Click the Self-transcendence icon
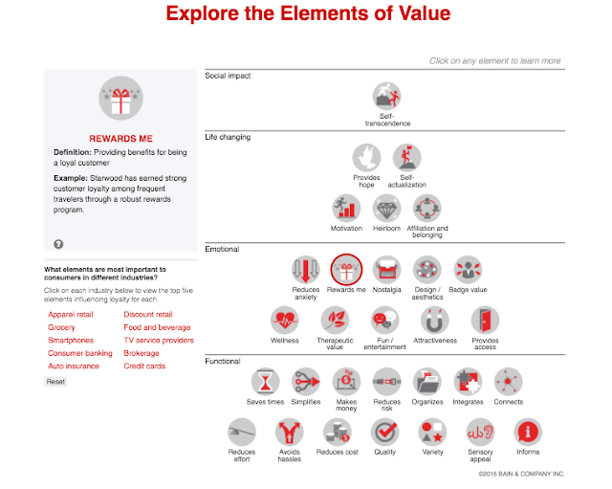[386, 97]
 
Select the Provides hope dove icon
[366, 158]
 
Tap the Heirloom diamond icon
[386, 209]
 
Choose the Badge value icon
[467, 270]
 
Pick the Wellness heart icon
[284, 321]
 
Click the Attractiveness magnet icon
[435, 321]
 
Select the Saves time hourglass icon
[265, 382]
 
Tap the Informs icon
[528, 432]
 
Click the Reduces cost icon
[337, 432]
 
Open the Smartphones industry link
[70, 340]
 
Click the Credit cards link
[143, 366]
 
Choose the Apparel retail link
[70, 314]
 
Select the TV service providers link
[158, 340]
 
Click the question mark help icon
[58, 244]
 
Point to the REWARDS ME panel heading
[120, 138]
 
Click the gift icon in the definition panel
[120, 100]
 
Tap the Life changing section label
[228, 137]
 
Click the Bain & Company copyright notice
[521, 473]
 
